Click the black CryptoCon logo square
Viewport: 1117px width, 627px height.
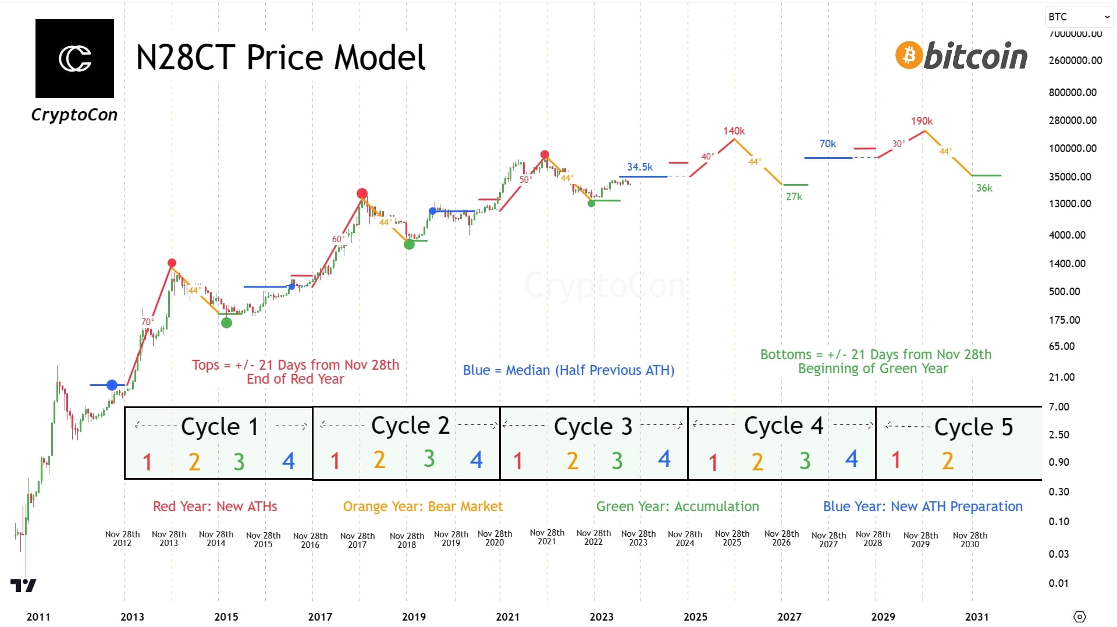point(74,58)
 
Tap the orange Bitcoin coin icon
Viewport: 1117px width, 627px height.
point(909,55)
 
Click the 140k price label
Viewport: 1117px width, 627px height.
point(734,131)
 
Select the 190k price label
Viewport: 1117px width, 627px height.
point(922,121)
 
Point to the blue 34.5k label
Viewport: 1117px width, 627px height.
point(639,167)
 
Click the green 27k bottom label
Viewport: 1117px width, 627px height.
point(794,197)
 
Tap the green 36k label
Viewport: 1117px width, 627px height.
point(984,188)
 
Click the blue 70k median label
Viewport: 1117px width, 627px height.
point(827,144)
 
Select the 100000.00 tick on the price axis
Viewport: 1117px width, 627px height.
point(1072,148)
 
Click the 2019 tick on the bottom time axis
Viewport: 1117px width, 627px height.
point(414,617)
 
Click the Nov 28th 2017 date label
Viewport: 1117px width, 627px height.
point(357,540)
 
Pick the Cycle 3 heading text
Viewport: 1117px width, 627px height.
point(592,427)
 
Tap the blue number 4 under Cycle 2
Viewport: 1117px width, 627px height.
point(476,460)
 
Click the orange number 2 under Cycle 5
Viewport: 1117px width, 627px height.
point(948,461)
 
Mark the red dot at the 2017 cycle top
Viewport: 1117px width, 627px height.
point(362,193)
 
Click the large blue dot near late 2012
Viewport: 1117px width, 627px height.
point(112,385)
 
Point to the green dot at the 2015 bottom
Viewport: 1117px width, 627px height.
point(226,323)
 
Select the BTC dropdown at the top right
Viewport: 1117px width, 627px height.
point(1078,17)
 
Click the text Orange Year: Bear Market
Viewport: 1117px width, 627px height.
point(422,506)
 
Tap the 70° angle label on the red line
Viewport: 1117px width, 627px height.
point(147,322)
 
